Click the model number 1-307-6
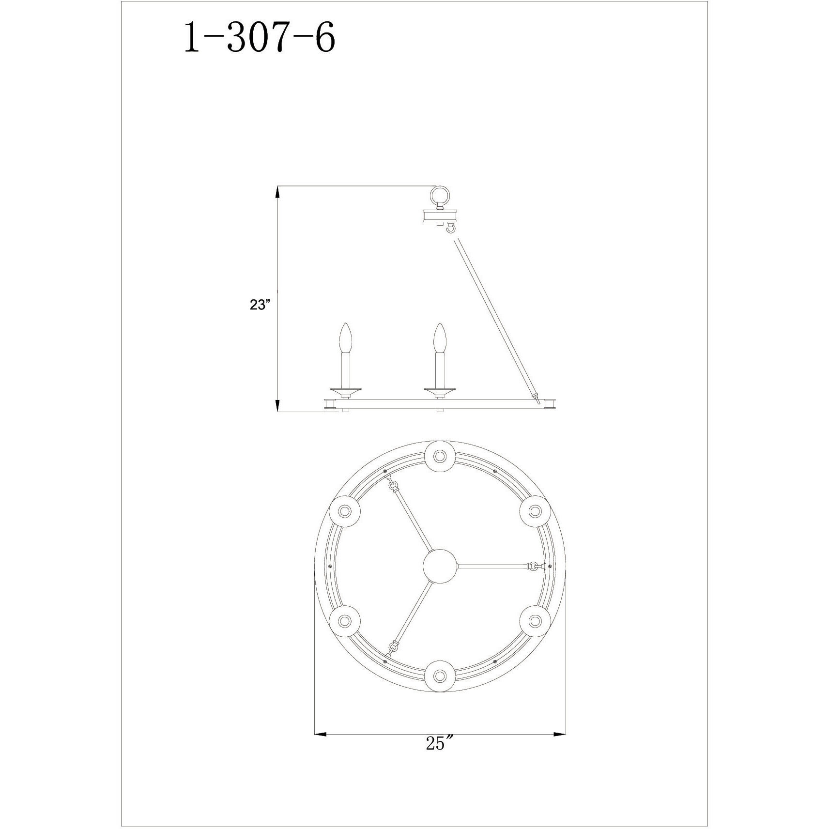259,39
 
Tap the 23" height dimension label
260,305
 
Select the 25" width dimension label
439,756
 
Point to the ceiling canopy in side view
440,216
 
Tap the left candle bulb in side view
346,339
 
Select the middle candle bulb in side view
439,339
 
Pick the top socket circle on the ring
440,456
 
